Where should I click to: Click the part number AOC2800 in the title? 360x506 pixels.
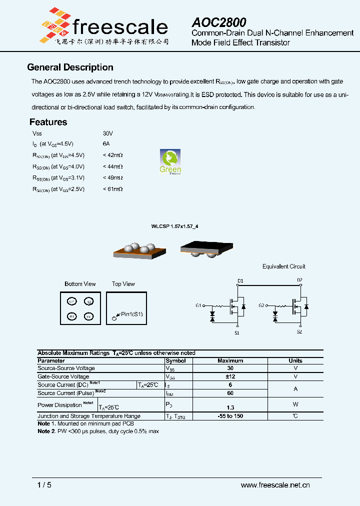click(x=219, y=22)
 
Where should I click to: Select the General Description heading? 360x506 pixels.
click(x=70, y=67)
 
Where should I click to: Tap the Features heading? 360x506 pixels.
click(x=48, y=122)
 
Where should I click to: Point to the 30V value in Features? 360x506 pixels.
click(x=108, y=133)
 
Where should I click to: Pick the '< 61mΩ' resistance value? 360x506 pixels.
click(x=112, y=189)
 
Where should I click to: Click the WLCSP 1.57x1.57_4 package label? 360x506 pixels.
click(x=174, y=226)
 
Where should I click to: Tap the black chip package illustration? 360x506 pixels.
click(x=206, y=248)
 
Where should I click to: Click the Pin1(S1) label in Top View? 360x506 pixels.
click(x=131, y=314)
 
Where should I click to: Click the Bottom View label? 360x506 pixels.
click(x=80, y=284)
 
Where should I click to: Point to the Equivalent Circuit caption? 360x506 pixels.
click(x=283, y=266)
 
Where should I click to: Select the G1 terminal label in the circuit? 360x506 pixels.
click(x=198, y=305)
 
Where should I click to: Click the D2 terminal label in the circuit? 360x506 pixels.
click(x=299, y=280)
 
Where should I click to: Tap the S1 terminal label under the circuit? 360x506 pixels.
click(x=237, y=332)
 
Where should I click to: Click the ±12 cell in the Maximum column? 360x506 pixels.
click(x=230, y=376)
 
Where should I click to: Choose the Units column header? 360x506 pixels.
click(x=295, y=360)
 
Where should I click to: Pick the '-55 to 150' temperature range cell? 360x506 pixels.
click(x=230, y=416)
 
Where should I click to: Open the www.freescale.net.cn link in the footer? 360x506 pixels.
click(x=275, y=484)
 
